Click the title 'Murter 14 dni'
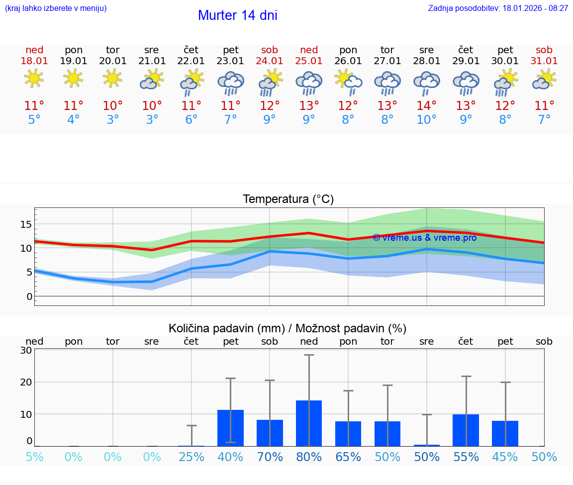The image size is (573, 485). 237,15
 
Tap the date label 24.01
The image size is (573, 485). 270,61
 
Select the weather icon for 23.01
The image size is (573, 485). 230,83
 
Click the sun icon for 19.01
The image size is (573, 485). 73,79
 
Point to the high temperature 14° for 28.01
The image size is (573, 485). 426,106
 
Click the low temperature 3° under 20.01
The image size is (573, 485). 113,120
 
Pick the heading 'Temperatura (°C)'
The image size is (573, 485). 288,199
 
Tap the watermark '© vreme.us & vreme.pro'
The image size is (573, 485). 424,238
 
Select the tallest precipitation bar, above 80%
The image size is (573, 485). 309,423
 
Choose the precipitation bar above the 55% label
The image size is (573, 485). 466,430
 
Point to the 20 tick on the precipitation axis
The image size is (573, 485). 26,382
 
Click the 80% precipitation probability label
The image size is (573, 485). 309,457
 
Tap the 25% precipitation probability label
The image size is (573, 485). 191,457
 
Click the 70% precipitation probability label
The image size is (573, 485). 270,457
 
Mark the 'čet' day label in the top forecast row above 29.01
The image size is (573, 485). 466,50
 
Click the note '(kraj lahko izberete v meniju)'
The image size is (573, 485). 56,8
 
